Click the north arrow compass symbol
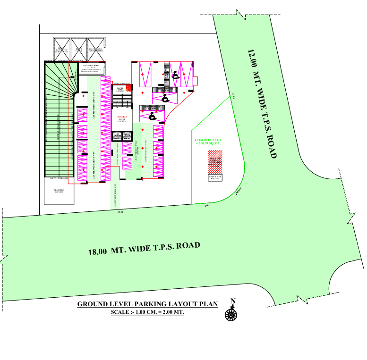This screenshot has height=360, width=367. [x=231, y=312]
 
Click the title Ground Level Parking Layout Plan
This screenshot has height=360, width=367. [x=147, y=304]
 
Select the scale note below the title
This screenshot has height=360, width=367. [x=147, y=312]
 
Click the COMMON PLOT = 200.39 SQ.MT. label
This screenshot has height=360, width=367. [x=208, y=142]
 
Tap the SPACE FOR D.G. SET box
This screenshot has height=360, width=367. [x=215, y=178]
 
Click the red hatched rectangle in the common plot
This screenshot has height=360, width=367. [x=215, y=162]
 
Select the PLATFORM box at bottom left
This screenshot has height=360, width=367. [x=59, y=192]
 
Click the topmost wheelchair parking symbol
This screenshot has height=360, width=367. [x=175, y=75]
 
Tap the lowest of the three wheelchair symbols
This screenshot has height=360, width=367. [x=153, y=115]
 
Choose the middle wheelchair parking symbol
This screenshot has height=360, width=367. [x=165, y=98]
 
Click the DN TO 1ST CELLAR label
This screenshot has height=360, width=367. [x=59, y=179]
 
